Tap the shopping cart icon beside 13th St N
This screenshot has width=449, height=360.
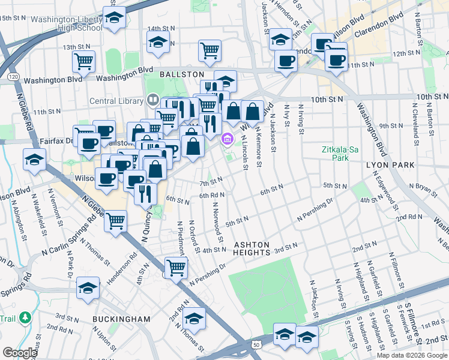coord(83,61)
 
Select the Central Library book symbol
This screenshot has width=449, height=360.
coord(152,100)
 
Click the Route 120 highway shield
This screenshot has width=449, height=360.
coord(13,77)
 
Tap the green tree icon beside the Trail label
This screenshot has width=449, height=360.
coord(25,317)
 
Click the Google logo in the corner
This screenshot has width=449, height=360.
coord(19,353)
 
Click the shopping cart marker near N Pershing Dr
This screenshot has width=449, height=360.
coord(176,267)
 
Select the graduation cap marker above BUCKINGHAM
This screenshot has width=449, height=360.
coord(88,288)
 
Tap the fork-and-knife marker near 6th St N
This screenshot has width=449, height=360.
coord(145,193)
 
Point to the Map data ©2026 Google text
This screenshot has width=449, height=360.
coord(412,355)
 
